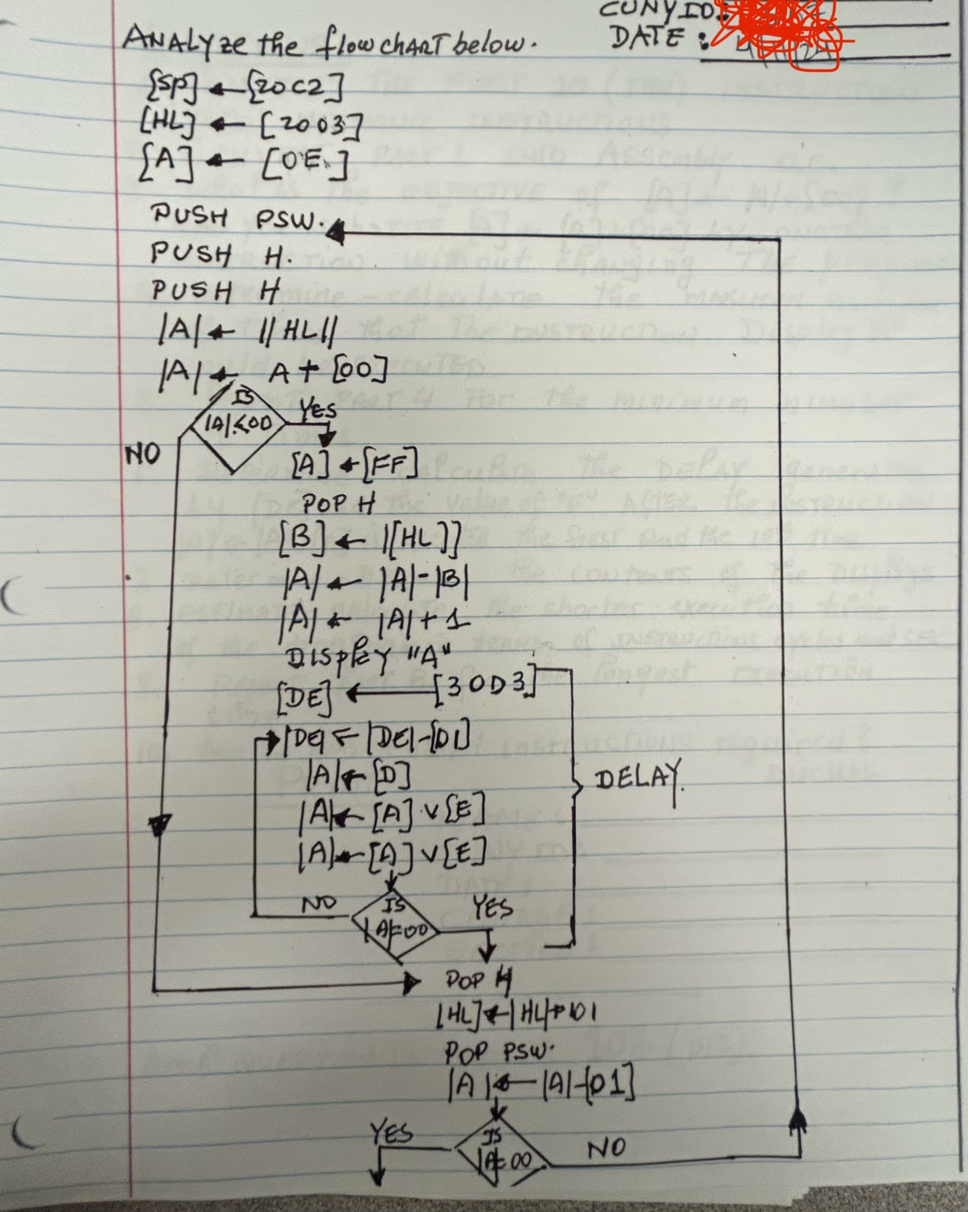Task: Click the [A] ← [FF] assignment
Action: pos(355,465)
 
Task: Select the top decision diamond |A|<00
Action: pos(238,425)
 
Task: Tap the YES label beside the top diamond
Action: pos(317,409)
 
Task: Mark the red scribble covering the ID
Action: pos(780,30)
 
